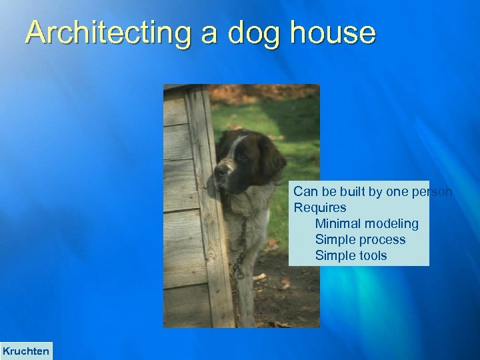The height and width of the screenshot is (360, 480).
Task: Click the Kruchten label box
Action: tap(26, 351)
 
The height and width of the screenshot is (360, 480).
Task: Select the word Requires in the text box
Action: tap(320, 208)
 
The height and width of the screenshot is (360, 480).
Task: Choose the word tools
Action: tap(372, 256)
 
